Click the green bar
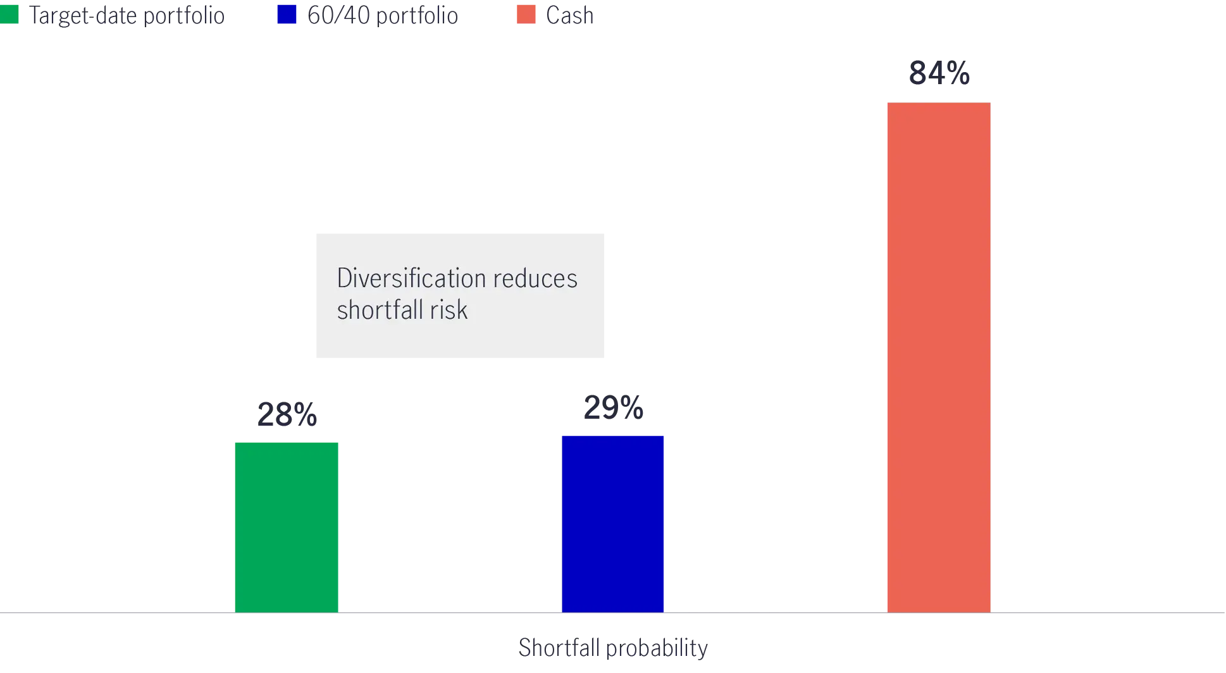286,526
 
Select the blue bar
614,524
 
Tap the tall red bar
938,357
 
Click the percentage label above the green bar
288,415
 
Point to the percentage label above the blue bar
614,408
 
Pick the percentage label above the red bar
938,72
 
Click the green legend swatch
10,14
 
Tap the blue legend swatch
286,14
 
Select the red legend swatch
526,14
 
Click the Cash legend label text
571,16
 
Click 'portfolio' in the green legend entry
185,16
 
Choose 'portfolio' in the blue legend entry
418,16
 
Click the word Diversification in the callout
411,278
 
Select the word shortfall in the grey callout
380,310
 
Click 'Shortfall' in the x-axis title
557,649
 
